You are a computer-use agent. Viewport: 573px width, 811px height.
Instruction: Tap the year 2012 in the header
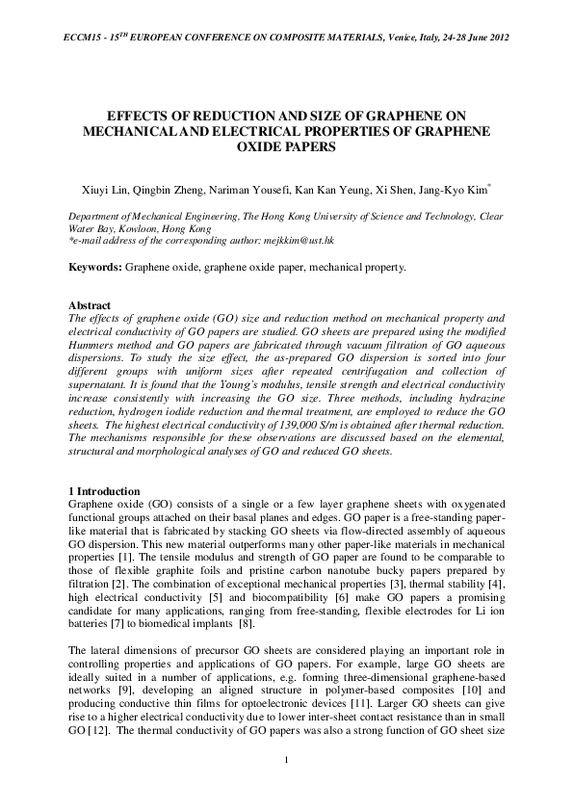coord(496,38)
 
